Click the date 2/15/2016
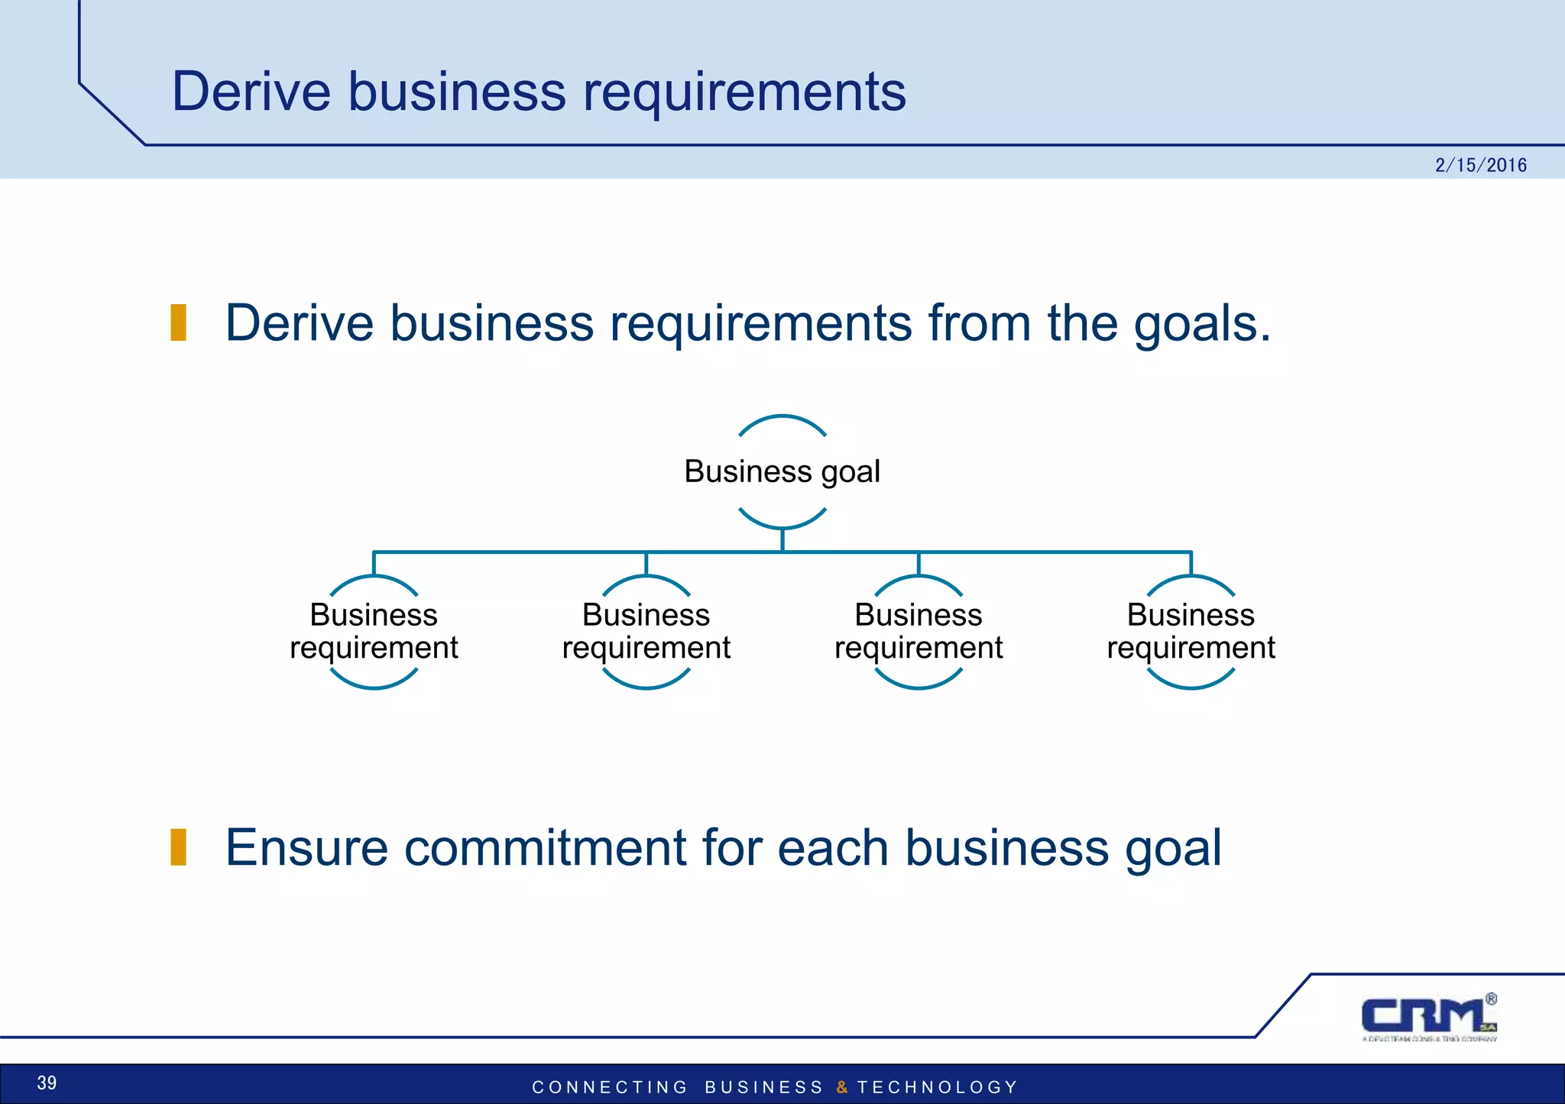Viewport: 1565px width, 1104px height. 1480,165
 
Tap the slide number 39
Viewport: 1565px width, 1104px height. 47,1083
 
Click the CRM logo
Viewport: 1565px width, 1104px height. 1427,1017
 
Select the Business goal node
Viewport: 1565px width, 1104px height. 782,471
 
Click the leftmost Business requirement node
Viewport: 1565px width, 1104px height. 374,631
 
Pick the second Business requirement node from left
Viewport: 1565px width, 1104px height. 646,631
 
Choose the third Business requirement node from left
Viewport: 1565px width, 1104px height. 918,631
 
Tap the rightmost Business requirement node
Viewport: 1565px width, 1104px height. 1191,631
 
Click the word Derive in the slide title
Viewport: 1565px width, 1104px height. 251,92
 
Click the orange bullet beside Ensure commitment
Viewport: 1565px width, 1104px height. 179,847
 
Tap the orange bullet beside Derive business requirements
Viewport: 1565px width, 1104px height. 179,322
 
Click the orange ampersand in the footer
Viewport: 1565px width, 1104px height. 842,1087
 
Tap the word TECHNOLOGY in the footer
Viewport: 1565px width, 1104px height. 938,1087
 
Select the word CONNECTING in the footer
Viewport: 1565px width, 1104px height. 610,1087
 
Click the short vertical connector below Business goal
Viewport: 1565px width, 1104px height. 782,540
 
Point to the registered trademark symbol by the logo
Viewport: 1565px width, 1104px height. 1491,999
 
